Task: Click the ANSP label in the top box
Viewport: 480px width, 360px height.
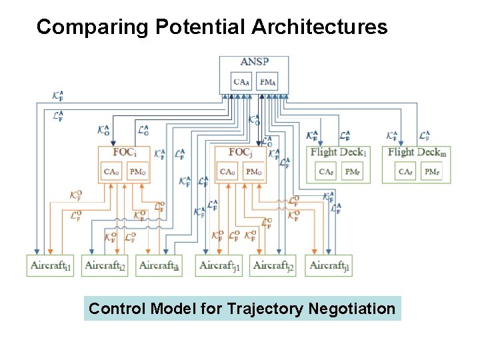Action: tap(254, 63)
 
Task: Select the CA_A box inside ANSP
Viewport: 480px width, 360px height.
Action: tap(242, 82)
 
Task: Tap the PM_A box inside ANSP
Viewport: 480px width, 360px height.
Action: tap(267, 82)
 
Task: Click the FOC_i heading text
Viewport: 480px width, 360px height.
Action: tap(125, 151)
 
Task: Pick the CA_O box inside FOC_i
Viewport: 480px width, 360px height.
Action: tap(112, 171)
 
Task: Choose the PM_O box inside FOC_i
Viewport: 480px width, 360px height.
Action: tap(138, 171)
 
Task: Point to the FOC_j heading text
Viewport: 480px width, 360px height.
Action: tap(241, 151)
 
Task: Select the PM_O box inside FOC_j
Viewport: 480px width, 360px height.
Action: tap(253, 171)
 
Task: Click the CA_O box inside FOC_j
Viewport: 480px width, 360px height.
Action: tap(228, 171)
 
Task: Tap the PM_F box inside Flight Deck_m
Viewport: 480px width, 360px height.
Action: tap(431, 172)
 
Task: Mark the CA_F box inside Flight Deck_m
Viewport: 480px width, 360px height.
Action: tap(405, 172)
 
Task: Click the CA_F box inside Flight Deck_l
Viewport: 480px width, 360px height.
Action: tap(326, 172)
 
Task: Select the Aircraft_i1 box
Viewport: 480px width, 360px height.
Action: tap(50, 265)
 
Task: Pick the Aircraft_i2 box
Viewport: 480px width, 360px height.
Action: tap(105, 265)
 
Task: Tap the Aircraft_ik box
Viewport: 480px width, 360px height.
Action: tap(159, 265)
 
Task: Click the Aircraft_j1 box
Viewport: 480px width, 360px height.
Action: tap(219, 265)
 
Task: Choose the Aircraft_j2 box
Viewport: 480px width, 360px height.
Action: tap(273, 265)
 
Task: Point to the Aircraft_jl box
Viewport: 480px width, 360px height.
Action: tap(329, 265)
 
